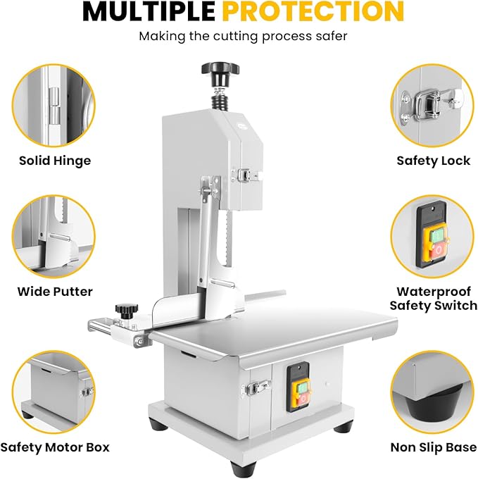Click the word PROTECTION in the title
pyautogui.click(x=313, y=11)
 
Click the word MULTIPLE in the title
pyautogui.click(x=149, y=11)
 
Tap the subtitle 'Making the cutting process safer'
pyautogui.click(x=243, y=37)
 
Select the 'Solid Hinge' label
pyautogui.click(x=55, y=161)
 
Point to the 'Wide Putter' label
pyautogui.click(x=55, y=292)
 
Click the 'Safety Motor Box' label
pyautogui.click(x=55, y=447)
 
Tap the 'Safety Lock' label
pyautogui.click(x=434, y=161)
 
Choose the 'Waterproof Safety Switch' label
pyautogui.click(x=434, y=299)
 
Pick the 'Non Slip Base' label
pyautogui.click(x=434, y=447)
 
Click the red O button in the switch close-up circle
pyautogui.click(x=438, y=251)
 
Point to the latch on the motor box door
pyautogui.click(x=256, y=388)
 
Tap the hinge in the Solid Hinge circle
pyautogui.click(x=54, y=106)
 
